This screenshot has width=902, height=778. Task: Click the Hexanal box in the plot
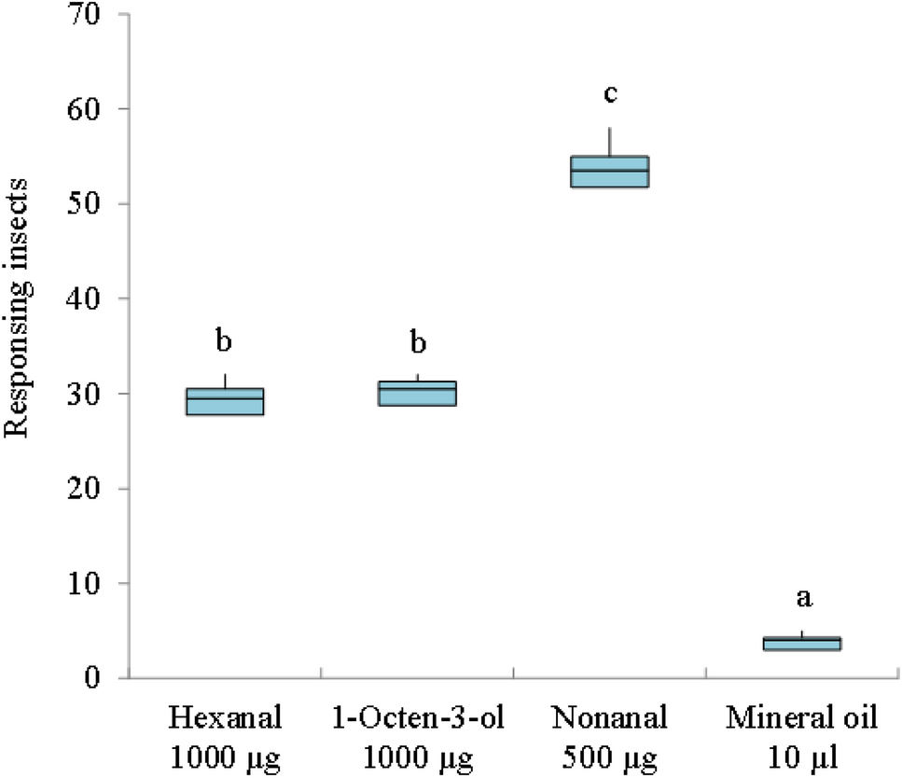(x=225, y=401)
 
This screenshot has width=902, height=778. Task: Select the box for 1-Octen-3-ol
(x=417, y=394)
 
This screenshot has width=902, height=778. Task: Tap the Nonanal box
(x=610, y=172)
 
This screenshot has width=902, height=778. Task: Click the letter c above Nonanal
(x=610, y=94)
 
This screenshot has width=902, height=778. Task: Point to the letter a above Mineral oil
(x=802, y=598)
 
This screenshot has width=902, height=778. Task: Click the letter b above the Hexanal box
(x=225, y=342)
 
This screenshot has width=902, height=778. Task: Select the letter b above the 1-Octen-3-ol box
(x=418, y=342)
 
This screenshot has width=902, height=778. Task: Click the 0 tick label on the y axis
(x=103, y=678)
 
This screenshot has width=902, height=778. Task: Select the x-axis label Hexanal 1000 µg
(x=225, y=733)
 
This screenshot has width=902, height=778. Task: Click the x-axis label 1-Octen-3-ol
(x=417, y=733)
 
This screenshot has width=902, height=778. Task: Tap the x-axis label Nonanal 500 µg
(x=610, y=733)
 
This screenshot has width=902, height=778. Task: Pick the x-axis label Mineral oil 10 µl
(x=802, y=733)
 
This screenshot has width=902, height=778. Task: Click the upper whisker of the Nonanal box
(x=610, y=142)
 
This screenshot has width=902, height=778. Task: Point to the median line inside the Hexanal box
(x=225, y=399)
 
